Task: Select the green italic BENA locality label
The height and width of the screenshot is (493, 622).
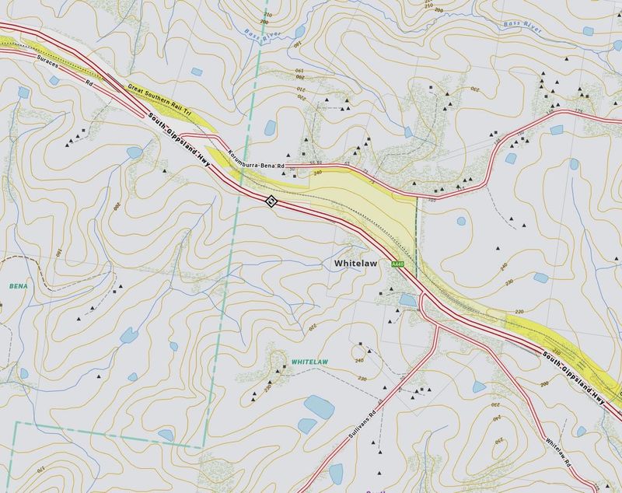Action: (18, 286)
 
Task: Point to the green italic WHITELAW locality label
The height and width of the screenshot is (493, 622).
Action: (311, 363)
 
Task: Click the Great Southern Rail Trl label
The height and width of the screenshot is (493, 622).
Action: (160, 101)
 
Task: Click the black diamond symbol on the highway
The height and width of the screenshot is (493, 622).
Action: (271, 201)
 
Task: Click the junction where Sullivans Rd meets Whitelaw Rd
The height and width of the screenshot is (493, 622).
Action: (435, 325)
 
